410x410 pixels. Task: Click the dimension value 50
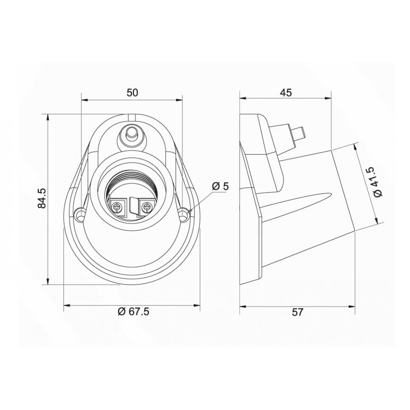click(132, 93)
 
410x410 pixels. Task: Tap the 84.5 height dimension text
click(42, 198)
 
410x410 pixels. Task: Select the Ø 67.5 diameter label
click(133, 312)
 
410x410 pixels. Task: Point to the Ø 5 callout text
click(221, 187)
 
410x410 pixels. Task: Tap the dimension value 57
click(297, 312)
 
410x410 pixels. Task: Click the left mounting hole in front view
click(80, 214)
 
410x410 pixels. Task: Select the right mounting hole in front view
click(184, 214)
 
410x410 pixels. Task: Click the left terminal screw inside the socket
click(116, 208)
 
